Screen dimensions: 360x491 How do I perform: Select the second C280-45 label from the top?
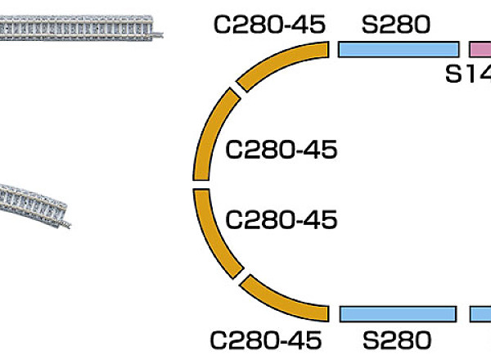[x=281, y=150]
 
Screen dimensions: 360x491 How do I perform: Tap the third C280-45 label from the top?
[x=281, y=218]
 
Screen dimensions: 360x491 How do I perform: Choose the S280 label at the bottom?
[x=397, y=338]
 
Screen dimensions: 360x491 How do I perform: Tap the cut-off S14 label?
[x=467, y=74]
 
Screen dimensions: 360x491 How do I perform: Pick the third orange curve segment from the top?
[x=210, y=233]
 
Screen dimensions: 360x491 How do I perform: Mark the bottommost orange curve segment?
[x=282, y=301]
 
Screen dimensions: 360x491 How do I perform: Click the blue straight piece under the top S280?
[x=398, y=49]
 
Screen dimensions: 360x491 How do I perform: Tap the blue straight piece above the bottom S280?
[x=397, y=314]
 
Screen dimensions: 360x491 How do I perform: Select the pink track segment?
[x=480, y=49]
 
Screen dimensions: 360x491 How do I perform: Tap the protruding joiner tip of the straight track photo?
[x=167, y=32]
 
